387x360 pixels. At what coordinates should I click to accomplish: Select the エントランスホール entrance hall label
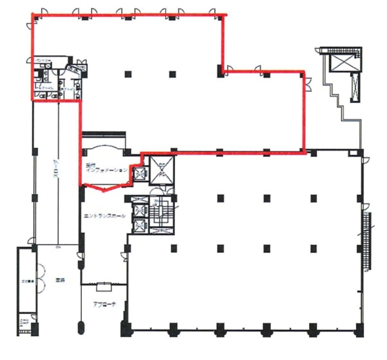(104, 216)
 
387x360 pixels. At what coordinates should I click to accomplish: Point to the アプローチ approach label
(104, 305)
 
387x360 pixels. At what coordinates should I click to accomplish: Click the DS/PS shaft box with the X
(162, 170)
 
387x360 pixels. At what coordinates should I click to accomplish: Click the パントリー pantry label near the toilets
(42, 60)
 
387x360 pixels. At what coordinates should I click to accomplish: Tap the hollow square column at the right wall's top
(354, 152)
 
